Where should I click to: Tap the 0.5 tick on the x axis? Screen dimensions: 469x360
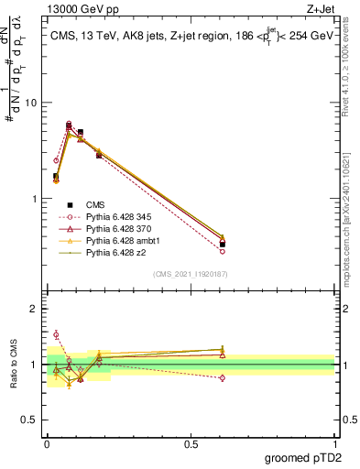191,444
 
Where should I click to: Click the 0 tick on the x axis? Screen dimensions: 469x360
47,444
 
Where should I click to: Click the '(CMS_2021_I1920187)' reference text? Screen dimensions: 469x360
191,274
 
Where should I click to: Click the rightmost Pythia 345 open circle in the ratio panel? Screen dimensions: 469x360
223,377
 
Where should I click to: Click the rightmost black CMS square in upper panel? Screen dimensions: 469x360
223,245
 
